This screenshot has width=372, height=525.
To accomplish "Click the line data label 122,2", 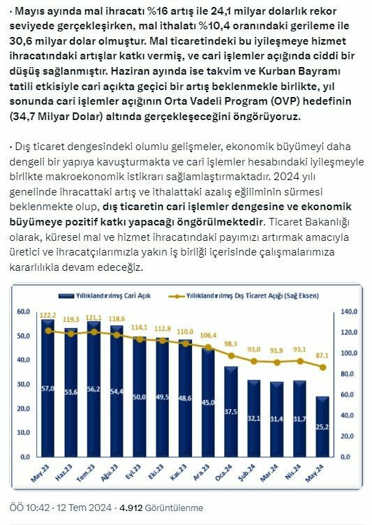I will click(48, 315).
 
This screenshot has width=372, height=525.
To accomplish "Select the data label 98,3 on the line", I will click(230, 343).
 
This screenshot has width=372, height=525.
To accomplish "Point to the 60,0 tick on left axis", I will click(23, 311).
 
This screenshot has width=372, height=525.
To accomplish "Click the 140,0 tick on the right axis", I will click(348, 311).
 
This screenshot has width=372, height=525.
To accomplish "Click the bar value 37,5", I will click(230, 411).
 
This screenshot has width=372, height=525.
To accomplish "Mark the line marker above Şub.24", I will click(253, 361).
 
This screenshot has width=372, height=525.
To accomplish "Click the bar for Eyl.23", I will click(140, 405).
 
